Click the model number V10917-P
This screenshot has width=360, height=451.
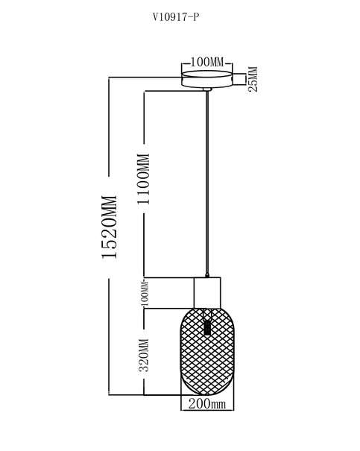point(176,18)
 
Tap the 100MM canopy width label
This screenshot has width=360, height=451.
point(206,62)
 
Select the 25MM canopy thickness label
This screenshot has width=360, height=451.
point(253,79)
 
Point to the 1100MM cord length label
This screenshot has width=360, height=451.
point(144,179)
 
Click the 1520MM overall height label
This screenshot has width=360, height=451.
point(110,227)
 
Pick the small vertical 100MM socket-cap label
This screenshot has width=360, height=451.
point(145,294)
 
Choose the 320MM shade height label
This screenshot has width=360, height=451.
point(144,356)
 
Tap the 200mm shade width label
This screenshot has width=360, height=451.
point(207,404)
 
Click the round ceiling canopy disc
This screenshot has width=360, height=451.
point(207,79)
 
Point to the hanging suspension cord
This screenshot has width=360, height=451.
point(207,182)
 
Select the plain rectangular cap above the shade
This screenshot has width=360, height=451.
point(207,293)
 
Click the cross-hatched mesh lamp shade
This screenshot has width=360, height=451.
point(207,352)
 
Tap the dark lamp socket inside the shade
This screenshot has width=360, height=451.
point(206,327)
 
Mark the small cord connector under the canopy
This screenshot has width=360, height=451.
point(207,89)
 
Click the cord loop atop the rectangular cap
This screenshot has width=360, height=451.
point(207,275)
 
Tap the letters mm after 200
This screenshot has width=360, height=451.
point(218,405)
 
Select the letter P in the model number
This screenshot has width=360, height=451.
point(196,18)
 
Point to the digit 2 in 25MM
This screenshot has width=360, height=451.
point(253,89)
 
